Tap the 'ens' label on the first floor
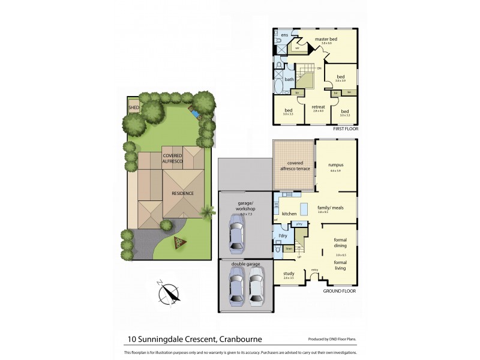pyautogui.click(x=284, y=35)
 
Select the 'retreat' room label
pyautogui.click(x=319, y=107)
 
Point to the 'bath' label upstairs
pyautogui.click(x=289, y=79)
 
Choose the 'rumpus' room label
pyautogui.click(x=335, y=164)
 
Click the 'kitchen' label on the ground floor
pyautogui.click(x=289, y=214)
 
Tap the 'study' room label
pyautogui.click(x=288, y=274)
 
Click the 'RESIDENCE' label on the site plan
pyautogui.click(x=182, y=193)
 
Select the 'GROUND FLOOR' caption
pyautogui.click(x=340, y=290)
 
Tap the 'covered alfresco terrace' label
pyautogui.click(x=294, y=166)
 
